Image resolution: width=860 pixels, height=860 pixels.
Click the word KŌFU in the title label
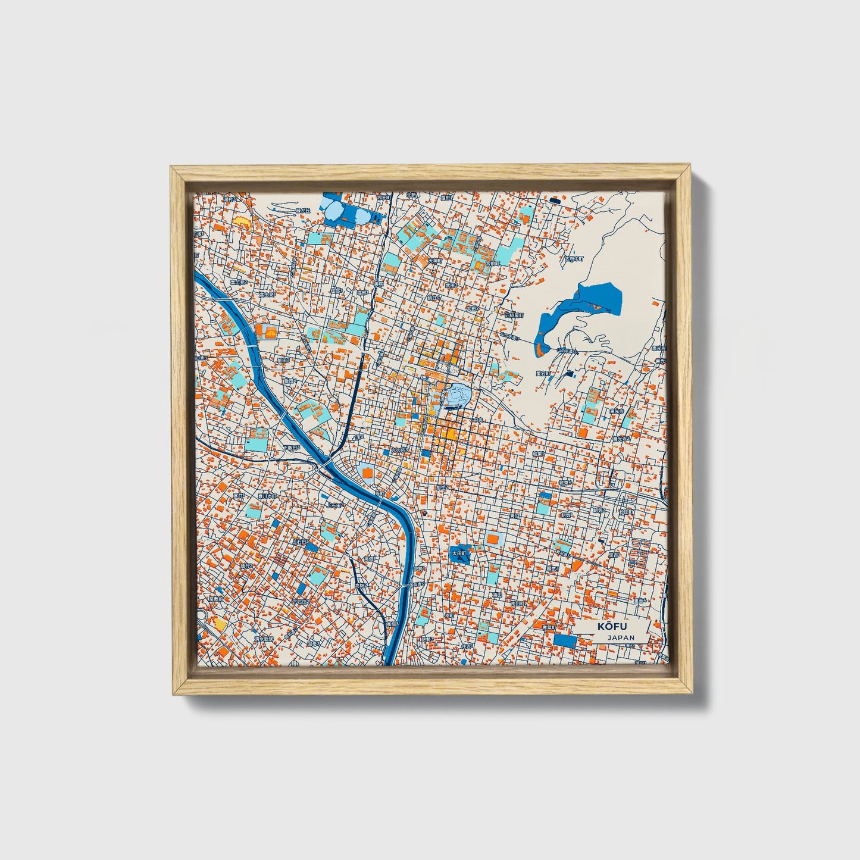coord(609,626)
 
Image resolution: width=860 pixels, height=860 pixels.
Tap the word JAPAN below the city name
coord(621,637)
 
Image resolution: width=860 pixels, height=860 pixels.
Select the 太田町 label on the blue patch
coord(459,553)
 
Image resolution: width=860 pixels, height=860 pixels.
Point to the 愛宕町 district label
coord(542,373)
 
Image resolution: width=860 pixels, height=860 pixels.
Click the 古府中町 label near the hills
coord(574,259)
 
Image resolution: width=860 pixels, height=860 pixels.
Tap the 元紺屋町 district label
coord(513,315)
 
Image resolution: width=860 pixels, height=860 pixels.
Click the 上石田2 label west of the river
coord(335,505)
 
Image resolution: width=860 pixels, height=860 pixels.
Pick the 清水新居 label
coord(263,638)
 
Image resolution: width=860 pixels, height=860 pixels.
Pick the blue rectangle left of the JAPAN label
coord(565,641)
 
